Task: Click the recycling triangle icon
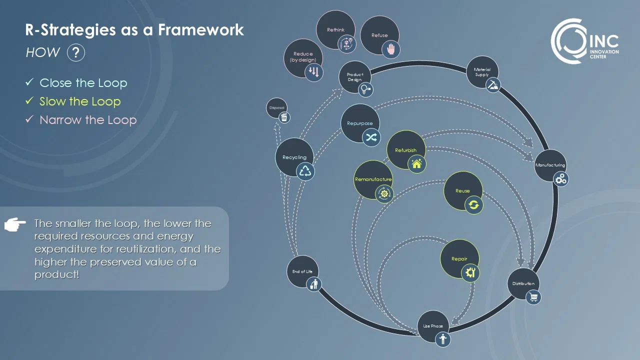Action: (x=305, y=171)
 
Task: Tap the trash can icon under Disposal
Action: (x=284, y=117)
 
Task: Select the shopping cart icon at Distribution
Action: (x=533, y=297)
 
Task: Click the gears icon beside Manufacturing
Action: (x=561, y=179)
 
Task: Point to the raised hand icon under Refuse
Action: (x=391, y=49)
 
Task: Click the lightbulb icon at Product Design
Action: (x=366, y=89)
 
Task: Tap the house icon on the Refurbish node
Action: (x=416, y=163)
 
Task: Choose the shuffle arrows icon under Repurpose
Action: (x=371, y=137)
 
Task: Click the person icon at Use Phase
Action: (x=442, y=339)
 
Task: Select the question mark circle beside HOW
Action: (x=75, y=52)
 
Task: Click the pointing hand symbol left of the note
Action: (x=15, y=225)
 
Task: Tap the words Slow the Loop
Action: (x=80, y=101)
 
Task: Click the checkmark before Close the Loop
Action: (x=29, y=82)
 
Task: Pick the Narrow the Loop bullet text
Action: (x=88, y=120)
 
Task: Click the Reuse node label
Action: (x=462, y=191)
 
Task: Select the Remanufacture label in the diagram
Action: (x=373, y=179)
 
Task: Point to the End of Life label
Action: (x=302, y=271)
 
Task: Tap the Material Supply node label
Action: (x=482, y=72)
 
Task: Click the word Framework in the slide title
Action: (x=201, y=30)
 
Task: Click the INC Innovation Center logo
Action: (x=585, y=41)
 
